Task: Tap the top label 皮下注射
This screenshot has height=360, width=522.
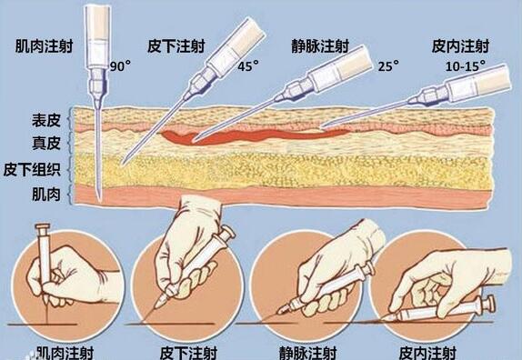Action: click(x=175, y=45)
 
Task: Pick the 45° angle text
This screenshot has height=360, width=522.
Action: click(x=249, y=66)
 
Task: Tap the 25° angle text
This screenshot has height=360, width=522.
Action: click(x=387, y=66)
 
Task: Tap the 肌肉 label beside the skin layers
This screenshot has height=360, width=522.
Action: click(x=43, y=193)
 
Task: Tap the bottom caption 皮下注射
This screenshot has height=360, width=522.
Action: click(x=186, y=352)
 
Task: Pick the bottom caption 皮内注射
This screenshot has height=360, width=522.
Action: click(x=435, y=352)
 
